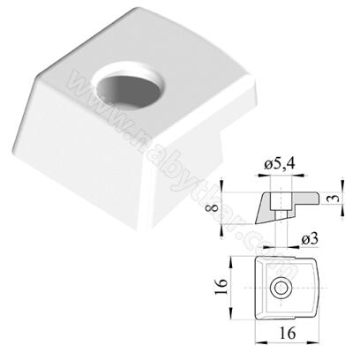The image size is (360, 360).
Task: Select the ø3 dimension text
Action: coord(310,237)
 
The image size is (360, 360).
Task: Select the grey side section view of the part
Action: coord(268,208)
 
